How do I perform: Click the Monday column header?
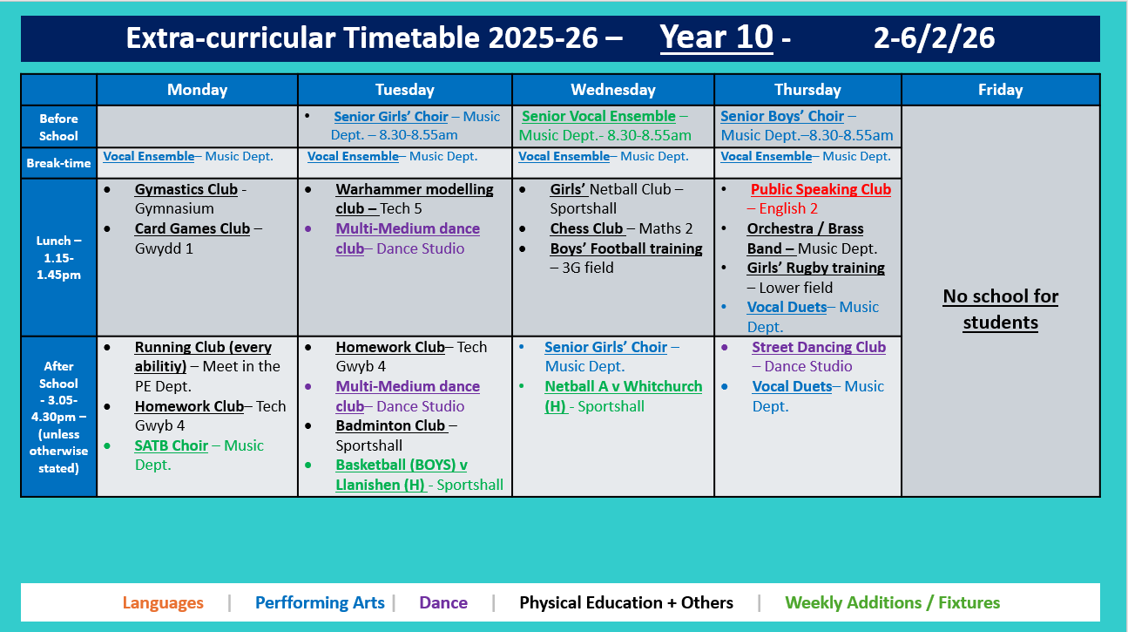(x=197, y=90)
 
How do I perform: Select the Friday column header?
(x=1000, y=90)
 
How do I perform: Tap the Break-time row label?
(x=58, y=163)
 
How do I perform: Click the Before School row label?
(x=58, y=127)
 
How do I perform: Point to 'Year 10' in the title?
(x=716, y=37)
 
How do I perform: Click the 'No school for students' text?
(x=1000, y=309)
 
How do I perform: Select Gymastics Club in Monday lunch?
(x=186, y=189)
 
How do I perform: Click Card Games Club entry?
(x=192, y=228)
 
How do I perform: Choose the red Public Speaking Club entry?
(x=821, y=189)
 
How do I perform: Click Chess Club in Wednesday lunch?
(x=587, y=228)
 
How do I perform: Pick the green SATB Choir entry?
(x=171, y=445)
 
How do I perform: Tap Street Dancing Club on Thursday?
(x=819, y=347)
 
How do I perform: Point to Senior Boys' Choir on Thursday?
(x=782, y=116)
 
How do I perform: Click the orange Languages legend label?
(x=163, y=602)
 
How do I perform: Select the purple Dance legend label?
(x=443, y=602)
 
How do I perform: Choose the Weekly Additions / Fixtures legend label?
(x=892, y=602)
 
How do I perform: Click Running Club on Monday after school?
(x=203, y=347)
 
